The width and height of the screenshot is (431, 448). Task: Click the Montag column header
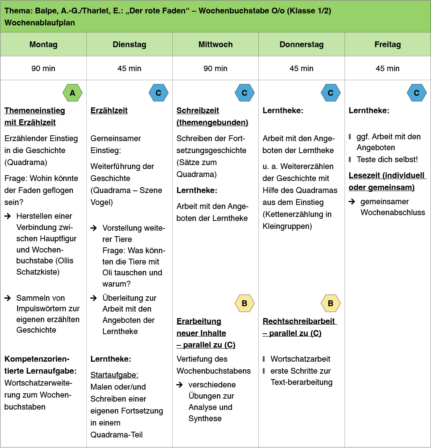click(43, 44)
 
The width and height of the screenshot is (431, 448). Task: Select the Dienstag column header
click(130, 44)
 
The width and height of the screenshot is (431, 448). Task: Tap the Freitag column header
click(388, 44)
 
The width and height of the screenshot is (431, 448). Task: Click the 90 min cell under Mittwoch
click(215, 68)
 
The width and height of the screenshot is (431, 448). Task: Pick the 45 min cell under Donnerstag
click(301, 68)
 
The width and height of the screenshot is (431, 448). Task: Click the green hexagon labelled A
click(73, 93)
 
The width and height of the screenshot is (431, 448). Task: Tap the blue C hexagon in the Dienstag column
click(159, 93)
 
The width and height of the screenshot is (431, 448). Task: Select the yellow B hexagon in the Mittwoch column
click(245, 303)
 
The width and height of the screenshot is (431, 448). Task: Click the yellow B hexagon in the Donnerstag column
click(331, 303)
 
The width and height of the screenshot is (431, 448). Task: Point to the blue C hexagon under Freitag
click(417, 93)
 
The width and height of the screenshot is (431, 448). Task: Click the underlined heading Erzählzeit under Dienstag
click(109, 111)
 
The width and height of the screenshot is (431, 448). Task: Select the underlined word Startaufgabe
click(114, 375)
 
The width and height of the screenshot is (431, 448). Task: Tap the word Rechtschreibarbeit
click(299, 321)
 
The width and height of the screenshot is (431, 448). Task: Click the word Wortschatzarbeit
click(300, 359)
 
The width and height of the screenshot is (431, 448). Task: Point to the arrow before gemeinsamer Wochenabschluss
click(352, 202)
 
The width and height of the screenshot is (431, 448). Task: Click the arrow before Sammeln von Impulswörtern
click(8, 298)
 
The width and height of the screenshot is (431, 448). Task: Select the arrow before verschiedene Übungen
click(180, 385)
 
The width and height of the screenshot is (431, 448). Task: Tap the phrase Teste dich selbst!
click(387, 159)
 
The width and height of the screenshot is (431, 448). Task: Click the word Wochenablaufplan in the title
click(40, 22)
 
